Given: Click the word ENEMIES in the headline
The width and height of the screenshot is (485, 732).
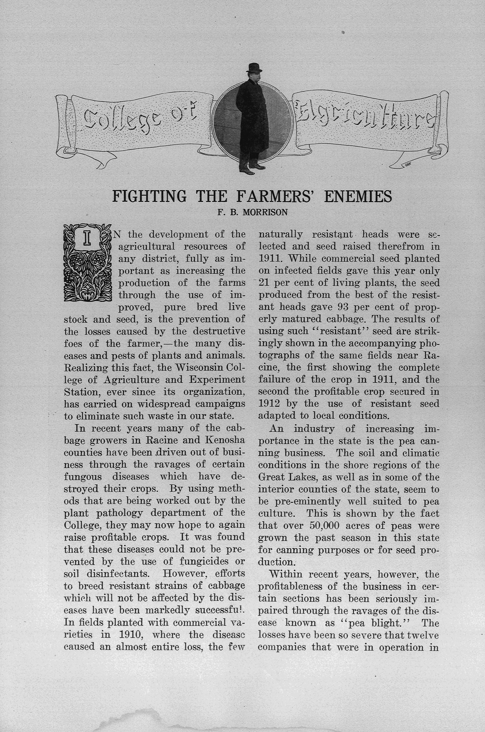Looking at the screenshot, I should [x=358, y=196].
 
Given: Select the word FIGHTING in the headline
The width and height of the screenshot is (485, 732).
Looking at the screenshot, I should [x=149, y=196].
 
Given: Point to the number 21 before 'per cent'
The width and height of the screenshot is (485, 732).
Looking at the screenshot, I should [x=264, y=283].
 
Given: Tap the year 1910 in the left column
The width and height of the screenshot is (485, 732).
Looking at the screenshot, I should [x=130, y=635].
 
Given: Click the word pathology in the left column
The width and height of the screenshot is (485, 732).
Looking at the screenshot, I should [x=119, y=513].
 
